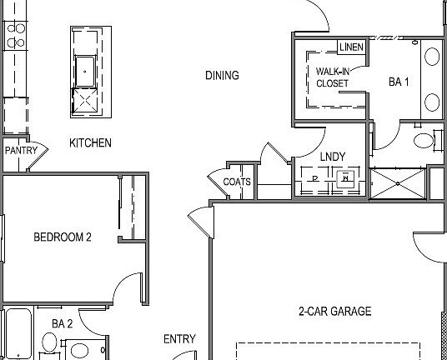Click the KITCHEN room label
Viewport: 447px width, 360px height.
click(x=90, y=142)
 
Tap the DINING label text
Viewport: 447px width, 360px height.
click(x=222, y=76)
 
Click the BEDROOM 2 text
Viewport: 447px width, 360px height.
click(x=62, y=237)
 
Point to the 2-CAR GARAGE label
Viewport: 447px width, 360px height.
click(x=334, y=312)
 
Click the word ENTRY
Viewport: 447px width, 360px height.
click(x=179, y=339)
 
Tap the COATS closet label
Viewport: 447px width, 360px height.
click(x=237, y=182)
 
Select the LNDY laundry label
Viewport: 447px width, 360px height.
click(x=332, y=157)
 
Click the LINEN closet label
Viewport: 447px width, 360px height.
click(x=351, y=47)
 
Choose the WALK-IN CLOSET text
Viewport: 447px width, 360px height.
click(x=332, y=77)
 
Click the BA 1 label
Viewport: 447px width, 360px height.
click(x=399, y=82)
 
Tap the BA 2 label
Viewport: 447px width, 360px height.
click(x=63, y=323)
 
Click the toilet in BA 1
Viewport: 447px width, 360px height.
click(x=424, y=139)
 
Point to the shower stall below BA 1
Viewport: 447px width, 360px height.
click(x=397, y=183)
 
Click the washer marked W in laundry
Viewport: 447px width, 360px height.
click(x=345, y=177)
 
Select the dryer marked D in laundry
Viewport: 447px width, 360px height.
click(x=315, y=177)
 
